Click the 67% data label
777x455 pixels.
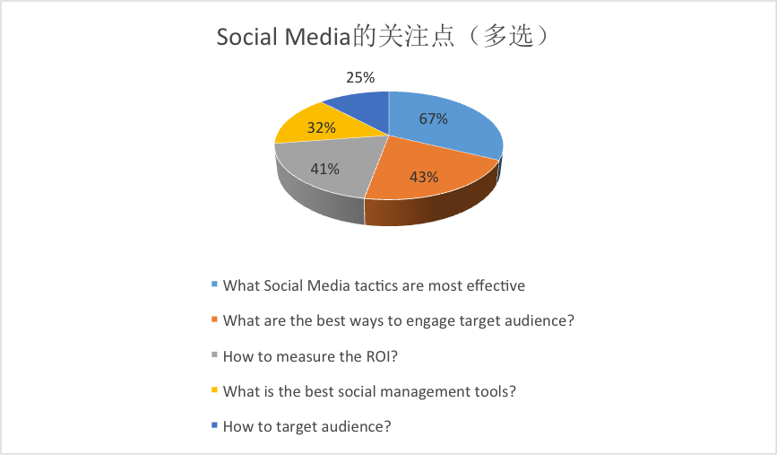(433, 118)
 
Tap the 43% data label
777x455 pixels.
(424, 177)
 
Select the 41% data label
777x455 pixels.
(325, 170)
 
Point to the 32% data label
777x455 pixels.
(322, 127)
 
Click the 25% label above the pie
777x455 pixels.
(360, 77)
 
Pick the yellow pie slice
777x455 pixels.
(317, 124)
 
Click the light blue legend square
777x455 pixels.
(214, 284)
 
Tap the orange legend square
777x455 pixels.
(214, 319)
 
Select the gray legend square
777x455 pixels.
(214, 354)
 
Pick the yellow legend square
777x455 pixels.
(214, 390)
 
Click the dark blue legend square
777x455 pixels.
(214, 425)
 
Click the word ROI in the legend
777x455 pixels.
(378, 356)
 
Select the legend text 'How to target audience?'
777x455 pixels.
(307, 426)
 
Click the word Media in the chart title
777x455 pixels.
(317, 37)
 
